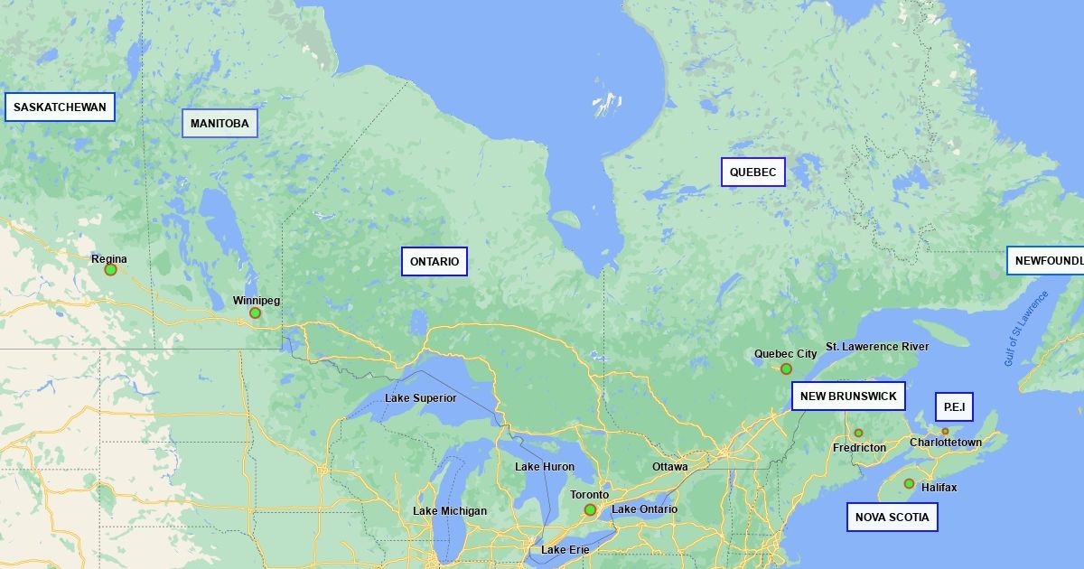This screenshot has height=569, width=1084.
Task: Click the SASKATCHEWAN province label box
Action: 61,107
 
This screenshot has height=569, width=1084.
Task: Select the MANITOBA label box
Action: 220,124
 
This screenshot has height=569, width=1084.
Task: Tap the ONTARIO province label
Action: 435,262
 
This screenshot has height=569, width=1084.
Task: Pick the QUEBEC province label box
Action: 752,172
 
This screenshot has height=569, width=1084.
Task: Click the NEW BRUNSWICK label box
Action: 848,396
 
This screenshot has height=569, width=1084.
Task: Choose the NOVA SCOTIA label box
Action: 892,518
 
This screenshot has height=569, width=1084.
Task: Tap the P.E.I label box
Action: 954,407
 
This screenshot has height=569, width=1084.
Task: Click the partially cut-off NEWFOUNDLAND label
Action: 1046,261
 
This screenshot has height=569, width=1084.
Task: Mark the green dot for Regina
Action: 110,269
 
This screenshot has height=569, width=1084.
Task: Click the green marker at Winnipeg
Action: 255,312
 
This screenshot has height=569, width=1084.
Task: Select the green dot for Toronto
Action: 590,509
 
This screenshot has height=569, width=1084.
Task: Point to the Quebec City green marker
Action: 786,368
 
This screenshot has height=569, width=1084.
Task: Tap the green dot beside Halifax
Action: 909,483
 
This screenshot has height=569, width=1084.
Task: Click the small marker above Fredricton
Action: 858,433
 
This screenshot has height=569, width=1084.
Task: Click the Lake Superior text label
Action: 420,398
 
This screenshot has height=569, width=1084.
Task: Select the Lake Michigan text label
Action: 449,511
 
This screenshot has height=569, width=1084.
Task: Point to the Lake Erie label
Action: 565,550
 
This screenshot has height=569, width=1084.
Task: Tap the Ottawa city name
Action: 669,467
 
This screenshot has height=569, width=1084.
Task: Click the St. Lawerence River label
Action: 876,347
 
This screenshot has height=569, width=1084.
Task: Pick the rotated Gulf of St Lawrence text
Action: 1025,329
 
